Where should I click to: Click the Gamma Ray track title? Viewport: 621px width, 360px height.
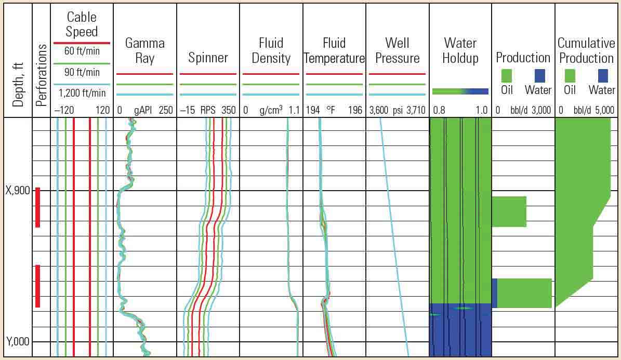(144, 50)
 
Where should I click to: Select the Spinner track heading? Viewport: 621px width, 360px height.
(208, 58)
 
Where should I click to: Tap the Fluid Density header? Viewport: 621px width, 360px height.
(270, 50)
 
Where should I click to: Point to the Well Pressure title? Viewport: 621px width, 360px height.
(398, 50)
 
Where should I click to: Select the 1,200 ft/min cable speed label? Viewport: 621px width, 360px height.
(82, 93)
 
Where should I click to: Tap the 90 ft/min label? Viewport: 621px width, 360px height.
(82, 72)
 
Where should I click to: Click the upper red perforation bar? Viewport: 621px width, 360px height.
(37, 207)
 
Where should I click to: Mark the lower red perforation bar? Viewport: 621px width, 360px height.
(37, 286)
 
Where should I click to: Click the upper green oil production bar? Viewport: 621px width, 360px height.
(509, 211)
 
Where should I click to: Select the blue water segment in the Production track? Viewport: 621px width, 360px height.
(494, 293)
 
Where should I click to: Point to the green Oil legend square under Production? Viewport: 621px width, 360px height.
(507, 76)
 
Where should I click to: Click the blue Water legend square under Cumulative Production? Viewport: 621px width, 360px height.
(603, 76)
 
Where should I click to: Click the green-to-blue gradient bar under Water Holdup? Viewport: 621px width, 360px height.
(460, 91)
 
